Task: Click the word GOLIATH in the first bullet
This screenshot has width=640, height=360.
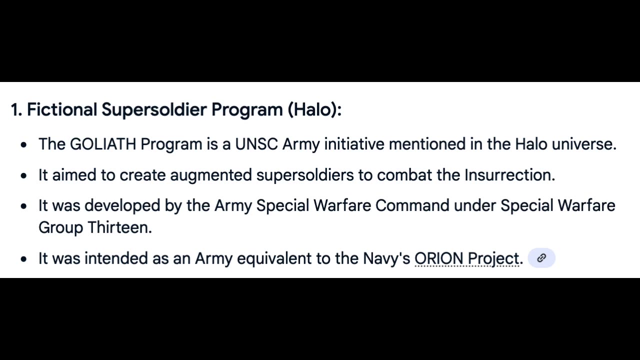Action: tap(103, 143)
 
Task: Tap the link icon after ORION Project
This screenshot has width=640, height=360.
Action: tap(541, 258)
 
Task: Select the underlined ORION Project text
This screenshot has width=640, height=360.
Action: tap(467, 259)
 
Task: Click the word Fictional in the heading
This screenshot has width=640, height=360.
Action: tap(62, 109)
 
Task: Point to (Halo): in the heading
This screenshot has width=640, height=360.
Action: tap(314, 110)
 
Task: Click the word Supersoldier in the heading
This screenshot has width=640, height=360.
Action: tap(154, 110)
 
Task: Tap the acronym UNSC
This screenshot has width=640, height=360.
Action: tap(256, 143)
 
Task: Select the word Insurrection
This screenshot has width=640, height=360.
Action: tap(509, 175)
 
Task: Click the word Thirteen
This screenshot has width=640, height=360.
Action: tap(119, 227)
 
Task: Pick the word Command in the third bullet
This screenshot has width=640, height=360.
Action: tap(412, 205)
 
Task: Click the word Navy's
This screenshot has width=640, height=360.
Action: tap(386, 259)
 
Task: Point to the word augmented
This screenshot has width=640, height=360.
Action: tap(211, 175)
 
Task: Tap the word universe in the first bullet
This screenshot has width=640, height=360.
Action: tap(584, 143)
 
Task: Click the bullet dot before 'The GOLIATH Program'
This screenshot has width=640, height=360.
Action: tap(23, 145)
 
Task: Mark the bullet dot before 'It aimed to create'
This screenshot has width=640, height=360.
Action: tap(23, 175)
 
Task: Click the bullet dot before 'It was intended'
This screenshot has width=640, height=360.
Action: tap(23, 259)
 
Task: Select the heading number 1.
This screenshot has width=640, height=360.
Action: tap(16, 109)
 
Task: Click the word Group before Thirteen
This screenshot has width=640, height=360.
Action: tap(61, 228)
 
